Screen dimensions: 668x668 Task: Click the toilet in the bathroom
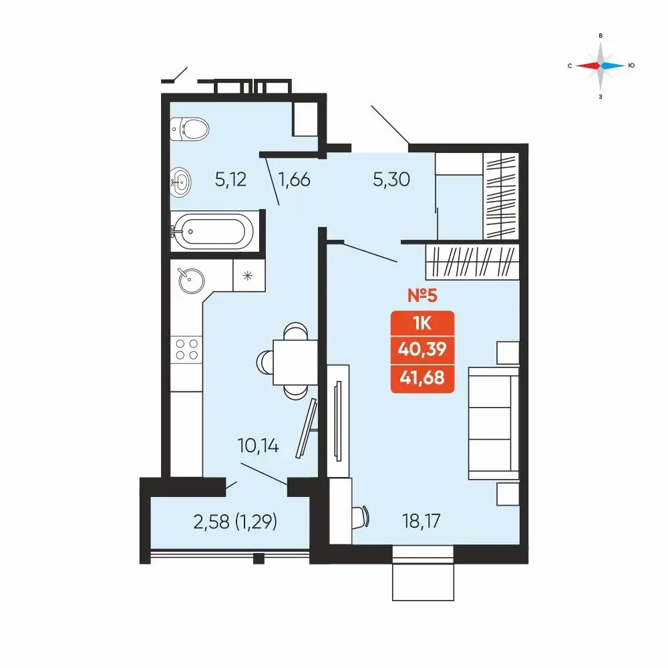click(x=190, y=129)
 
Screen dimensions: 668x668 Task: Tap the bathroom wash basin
click(x=180, y=182)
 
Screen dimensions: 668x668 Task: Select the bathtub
click(x=212, y=231)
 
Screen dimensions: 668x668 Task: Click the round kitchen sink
click(x=191, y=281)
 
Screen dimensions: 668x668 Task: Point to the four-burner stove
click(x=186, y=349)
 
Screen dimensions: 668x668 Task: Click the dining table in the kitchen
click(x=295, y=362)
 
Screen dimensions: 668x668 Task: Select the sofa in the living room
click(x=494, y=424)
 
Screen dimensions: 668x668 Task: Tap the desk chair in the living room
click(x=361, y=518)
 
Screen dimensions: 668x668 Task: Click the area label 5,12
click(x=230, y=180)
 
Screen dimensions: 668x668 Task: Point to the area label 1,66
click(x=294, y=180)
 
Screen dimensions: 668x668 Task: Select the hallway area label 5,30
click(x=391, y=179)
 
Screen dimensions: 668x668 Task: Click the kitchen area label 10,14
click(x=258, y=446)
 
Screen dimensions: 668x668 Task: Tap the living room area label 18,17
click(x=422, y=521)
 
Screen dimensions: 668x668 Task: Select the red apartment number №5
click(x=422, y=295)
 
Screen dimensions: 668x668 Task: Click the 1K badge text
click(x=422, y=324)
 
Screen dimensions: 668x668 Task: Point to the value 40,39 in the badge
click(x=422, y=349)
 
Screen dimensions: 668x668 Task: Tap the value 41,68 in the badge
click(x=422, y=377)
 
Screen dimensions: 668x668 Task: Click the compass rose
click(x=601, y=65)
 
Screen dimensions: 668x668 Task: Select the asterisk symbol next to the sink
click(x=248, y=276)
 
